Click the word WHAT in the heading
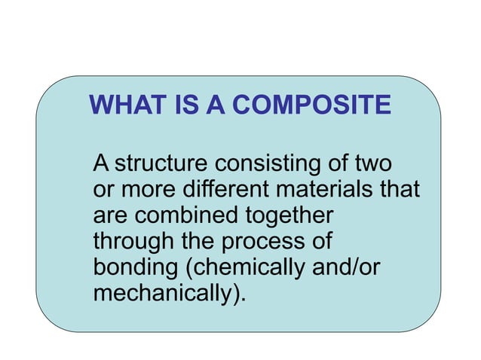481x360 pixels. coord(123,105)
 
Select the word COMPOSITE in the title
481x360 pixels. coord(311,105)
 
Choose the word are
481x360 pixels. coord(109,215)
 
